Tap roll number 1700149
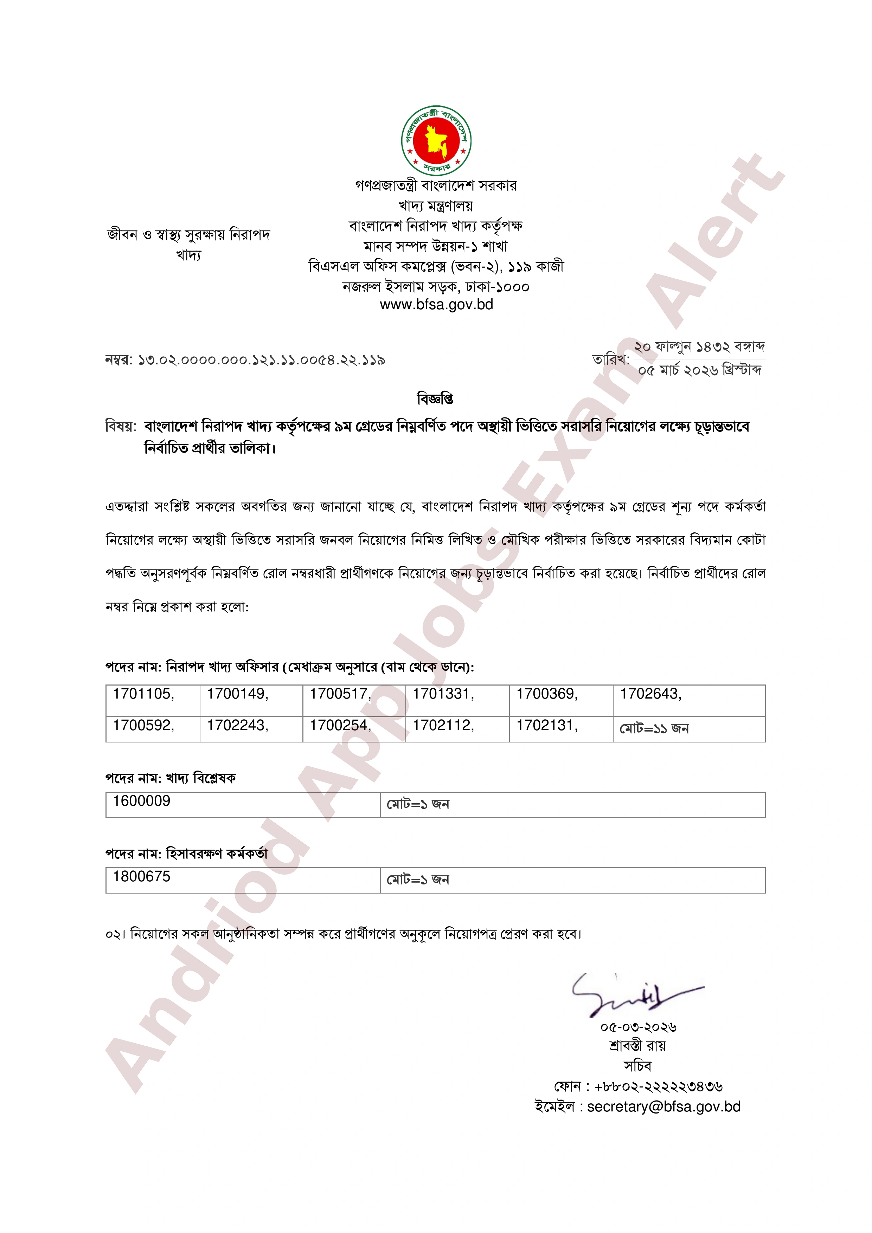(x=237, y=694)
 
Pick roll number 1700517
(x=340, y=694)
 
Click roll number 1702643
(x=650, y=694)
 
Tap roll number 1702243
(x=237, y=726)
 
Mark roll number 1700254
(x=340, y=726)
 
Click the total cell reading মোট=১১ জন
(x=654, y=729)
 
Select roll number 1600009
(x=141, y=801)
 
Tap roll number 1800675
(x=141, y=876)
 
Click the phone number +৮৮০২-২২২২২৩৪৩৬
(x=658, y=1086)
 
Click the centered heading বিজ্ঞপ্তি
(x=435, y=398)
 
